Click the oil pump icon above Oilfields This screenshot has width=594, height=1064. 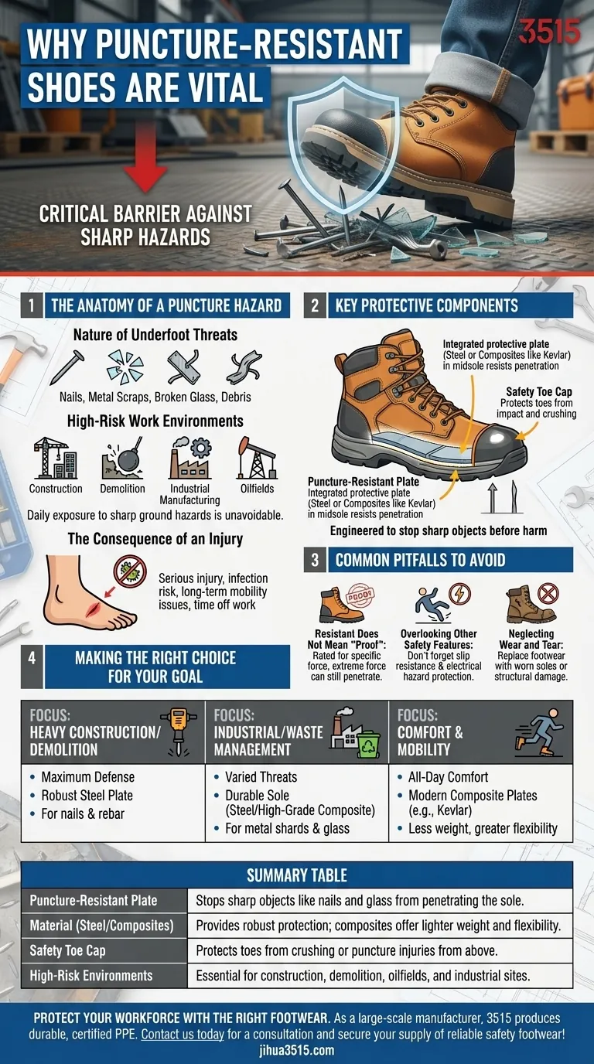(x=256, y=459)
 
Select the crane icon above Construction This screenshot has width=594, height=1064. (x=54, y=459)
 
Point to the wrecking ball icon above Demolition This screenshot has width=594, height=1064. (x=122, y=459)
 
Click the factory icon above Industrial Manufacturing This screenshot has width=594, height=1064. (x=189, y=459)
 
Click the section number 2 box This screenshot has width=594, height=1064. (x=315, y=305)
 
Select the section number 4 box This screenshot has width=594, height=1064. (x=32, y=667)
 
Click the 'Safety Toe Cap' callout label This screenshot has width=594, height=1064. (x=539, y=392)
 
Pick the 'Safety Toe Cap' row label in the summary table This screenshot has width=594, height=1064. (x=67, y=950)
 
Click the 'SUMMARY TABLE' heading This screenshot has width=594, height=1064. (x=297, y=875)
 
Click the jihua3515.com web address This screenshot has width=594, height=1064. (x=297, y=1050)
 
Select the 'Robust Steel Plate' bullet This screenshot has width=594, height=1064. (x=87, y=795)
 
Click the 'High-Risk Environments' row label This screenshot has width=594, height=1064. (x=90, y=975)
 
